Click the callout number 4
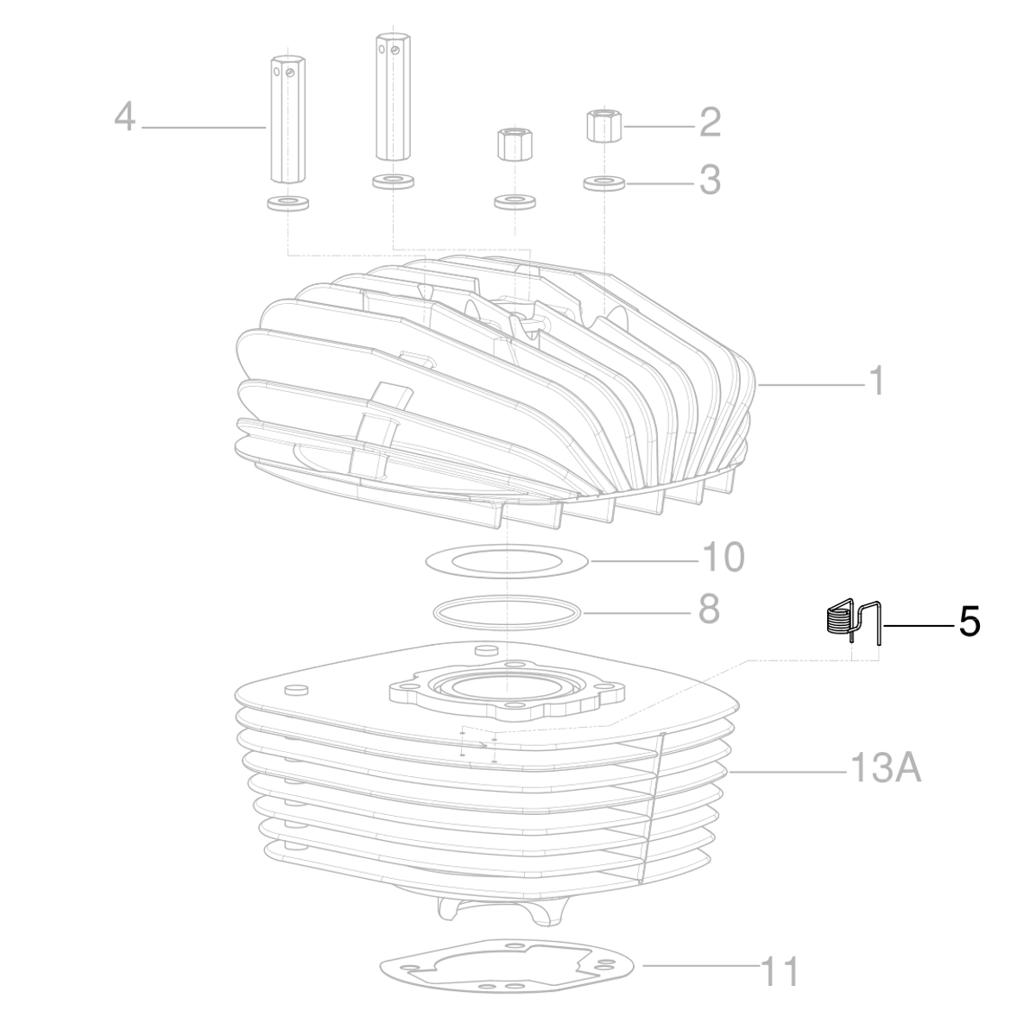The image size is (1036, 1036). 125,117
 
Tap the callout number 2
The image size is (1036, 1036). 710,123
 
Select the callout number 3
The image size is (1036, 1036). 710,180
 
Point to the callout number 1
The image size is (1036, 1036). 876,381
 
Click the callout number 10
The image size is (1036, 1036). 722,558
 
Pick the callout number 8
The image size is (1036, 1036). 708,610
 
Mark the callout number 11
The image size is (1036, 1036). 779,972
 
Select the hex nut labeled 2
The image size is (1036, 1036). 603,125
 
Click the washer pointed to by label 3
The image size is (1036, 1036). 603,183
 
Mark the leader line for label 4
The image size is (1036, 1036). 203,127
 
